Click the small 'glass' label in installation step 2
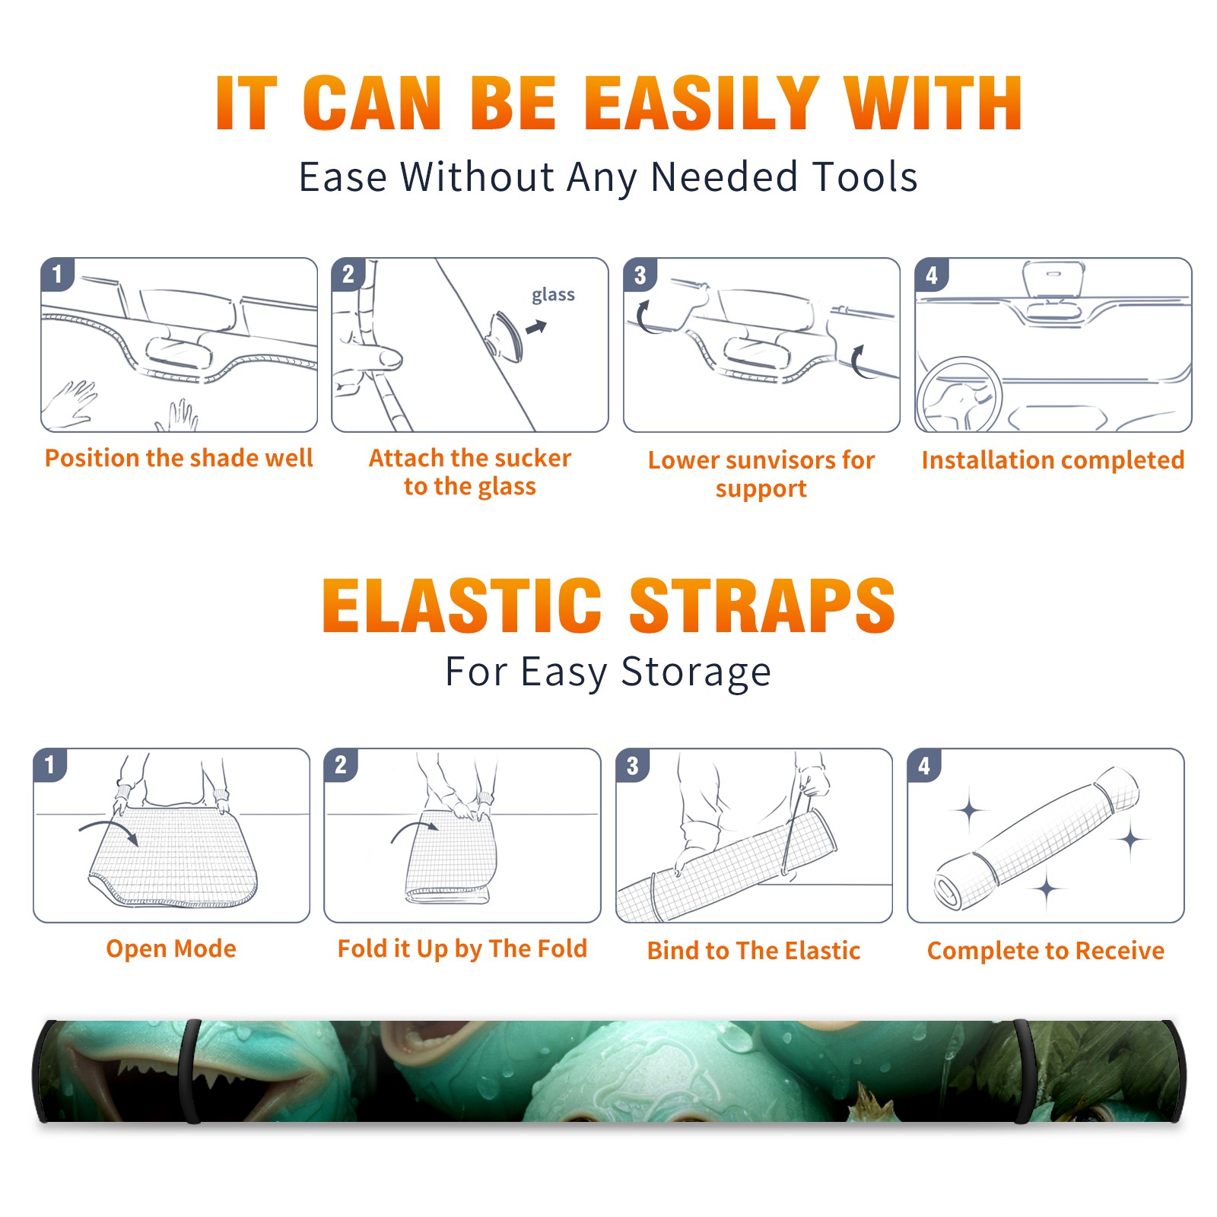coord(553,294)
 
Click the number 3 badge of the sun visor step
coord(640,275)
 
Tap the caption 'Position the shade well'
coord(179,458)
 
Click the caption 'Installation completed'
coord(1053,460)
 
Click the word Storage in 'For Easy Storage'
coord(695,672)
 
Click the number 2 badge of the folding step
coord(341,764)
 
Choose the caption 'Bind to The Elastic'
coord(753,951)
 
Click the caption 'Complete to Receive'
coord(1046,951)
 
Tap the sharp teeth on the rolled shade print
coord(164,1080)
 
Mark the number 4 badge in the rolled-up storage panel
coord(924,764)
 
